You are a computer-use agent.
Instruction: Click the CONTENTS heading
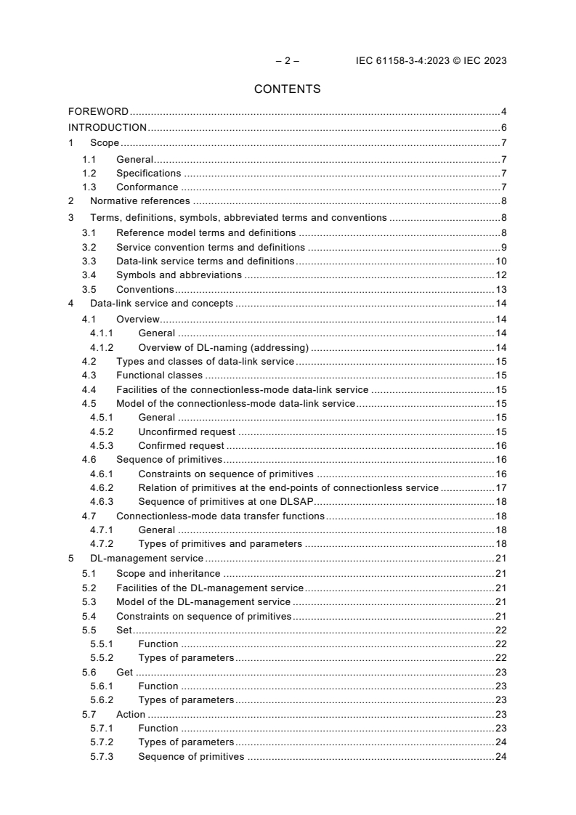[x=288, y=89]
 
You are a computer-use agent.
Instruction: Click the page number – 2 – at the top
[x=288, y=61]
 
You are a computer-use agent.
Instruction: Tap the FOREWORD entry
[x=98, y=111]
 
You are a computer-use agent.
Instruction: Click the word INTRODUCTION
[x=108, y=128]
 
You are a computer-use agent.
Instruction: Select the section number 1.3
[x=89, y=187]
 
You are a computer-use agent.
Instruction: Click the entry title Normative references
[x=139, y=200]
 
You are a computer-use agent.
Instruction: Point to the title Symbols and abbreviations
[x=179, y=275]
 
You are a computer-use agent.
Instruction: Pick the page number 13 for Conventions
[x=500, y=289]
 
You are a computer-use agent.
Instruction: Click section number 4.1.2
[x=102, y=347]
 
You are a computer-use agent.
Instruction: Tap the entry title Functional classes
[x=159, y=376]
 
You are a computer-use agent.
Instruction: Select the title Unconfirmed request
[x=187, y=431]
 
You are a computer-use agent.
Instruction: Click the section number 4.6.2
[x=102, y=487]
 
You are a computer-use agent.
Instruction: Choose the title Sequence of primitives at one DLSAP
[x=225, y=501]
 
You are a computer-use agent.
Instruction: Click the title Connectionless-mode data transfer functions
[x=219, y=516]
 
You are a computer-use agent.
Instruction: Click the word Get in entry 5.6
[x=125, y=672]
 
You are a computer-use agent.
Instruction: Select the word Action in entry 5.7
[x=131, y=714]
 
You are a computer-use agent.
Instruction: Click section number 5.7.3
[x=102, y=756]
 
